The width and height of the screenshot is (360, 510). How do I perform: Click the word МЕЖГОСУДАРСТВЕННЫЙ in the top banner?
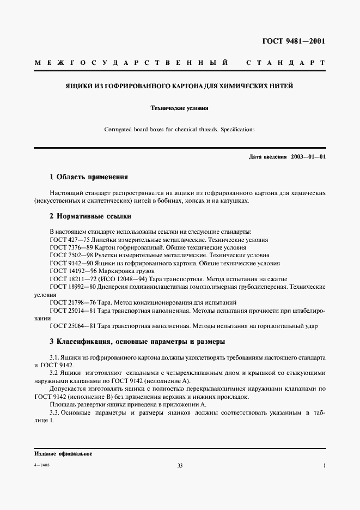(131, 63)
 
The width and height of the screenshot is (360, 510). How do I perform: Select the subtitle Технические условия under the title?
(180, 108)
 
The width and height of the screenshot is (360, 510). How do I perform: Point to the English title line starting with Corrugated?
(180, 130)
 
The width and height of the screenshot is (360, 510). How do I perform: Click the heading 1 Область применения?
(88, 177)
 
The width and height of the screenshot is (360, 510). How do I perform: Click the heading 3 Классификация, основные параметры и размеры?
(137, 342)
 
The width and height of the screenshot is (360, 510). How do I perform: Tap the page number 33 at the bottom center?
(180, 465)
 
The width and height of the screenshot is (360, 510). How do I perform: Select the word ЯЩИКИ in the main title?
(78, 86)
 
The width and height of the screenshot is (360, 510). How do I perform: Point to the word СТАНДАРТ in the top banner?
(286, 63)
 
